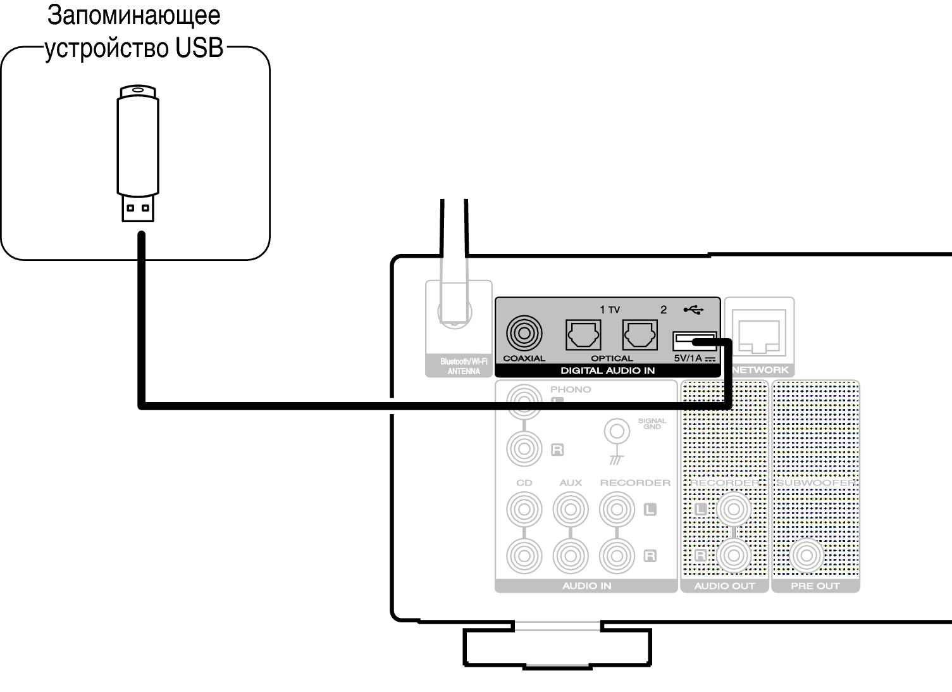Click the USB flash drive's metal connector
pyautogui.click(x=138, y=209)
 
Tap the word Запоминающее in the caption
pyautogui.click(x=134, y=16)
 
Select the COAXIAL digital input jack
pyautogui.click(x=524, y=333)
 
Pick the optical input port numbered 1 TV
pyautogui.click(x=583, y=335)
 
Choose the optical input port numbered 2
pyautogui.click(x=640, y=335)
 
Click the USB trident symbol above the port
pyautogui.click(x=693, y=310)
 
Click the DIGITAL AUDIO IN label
pyautogui.click(x=607, y=370)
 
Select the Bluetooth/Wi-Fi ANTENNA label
pyautogui.click(x=464, y=367)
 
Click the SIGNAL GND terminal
pyautogui.click(x=617, y=432)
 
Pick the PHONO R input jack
pyautogui.click(x=524, y=448)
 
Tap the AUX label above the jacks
pyautogui.click(x=570, y=482)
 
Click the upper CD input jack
pyautogui.click(x=524, y=509)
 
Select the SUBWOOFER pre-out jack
pyautogui.click(x=805, y=555)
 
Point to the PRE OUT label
pyautogui.click(x=815, y=586)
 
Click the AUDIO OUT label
pyautogui.click(x=724, y=586)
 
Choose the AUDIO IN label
pyautogui.click(x=586, y=586)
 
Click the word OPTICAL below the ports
pyautogui.click(x=612, y=358)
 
